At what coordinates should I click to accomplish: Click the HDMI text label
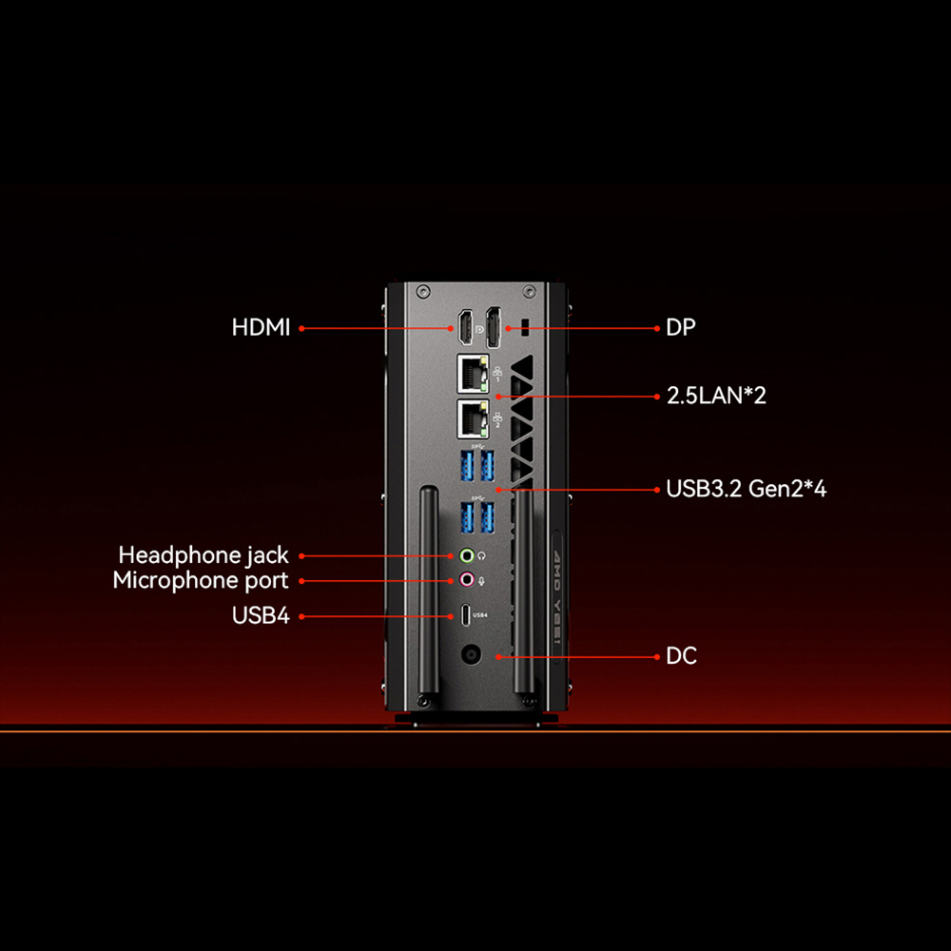click(x=261, y=328)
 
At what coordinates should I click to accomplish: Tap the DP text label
click(x=681, y=328)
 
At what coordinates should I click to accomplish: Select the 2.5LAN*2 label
click(x=716, y=396)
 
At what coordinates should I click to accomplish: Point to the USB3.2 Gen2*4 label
click(x=746, y=490)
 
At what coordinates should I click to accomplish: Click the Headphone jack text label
click(x=203, y=554)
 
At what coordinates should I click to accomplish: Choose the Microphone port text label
click(x=200, y=580)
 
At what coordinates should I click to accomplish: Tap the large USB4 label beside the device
click(x=260, y=615)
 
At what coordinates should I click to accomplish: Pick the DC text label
click(x=681, y=656)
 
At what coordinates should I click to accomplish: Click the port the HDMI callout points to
click(x=466, y=328)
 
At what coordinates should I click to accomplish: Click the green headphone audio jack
click(x=467, y=554)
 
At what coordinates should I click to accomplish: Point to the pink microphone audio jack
click(x=467, y=579)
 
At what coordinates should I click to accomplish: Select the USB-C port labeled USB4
click(x=464, y=615)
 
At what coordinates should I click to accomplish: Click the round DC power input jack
click(x=469, y=656)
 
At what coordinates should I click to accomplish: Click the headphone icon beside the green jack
click(x=482, y=554)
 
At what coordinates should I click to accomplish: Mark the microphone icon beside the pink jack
click(x=482, y=579)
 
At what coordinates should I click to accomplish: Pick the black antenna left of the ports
click(x=427, y=599)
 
